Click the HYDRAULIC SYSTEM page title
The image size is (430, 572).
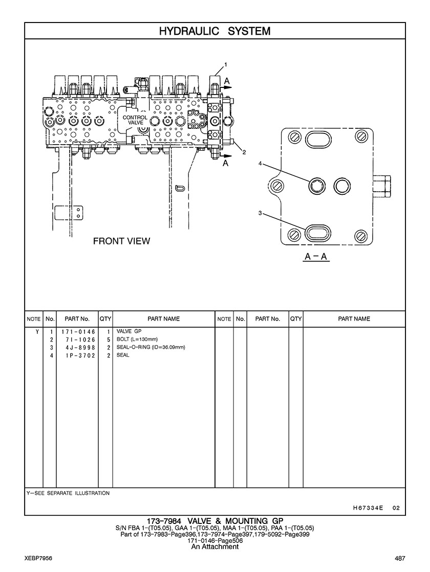(x=215, y=31)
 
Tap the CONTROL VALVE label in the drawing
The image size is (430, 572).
(x=135, y=120)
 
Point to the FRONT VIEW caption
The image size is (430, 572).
(x=122, y=241)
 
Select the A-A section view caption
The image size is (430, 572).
(x=316, y=257)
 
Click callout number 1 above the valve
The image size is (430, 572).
(x=226, y=64)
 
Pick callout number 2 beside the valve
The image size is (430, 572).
(x=244, y=152)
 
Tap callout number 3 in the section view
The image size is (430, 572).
(x=260, y=213)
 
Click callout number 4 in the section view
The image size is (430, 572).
(x=260, y=164)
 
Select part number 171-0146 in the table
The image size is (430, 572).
(x=78, y=332)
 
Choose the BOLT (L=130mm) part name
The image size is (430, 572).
(x=137, y=339)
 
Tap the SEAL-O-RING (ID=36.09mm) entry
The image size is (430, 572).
(x=150, y=347)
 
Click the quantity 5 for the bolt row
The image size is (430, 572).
(x=109, y=339)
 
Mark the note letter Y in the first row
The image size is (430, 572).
(x=37, y=332)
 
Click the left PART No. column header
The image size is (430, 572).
(x=77, y=318)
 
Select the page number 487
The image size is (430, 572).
(x=400, y=558)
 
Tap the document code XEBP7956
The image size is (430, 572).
(x=38, y=558)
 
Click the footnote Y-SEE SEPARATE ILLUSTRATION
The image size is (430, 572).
(x=68, y=493)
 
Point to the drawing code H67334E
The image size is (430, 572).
(x=368, y=508)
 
